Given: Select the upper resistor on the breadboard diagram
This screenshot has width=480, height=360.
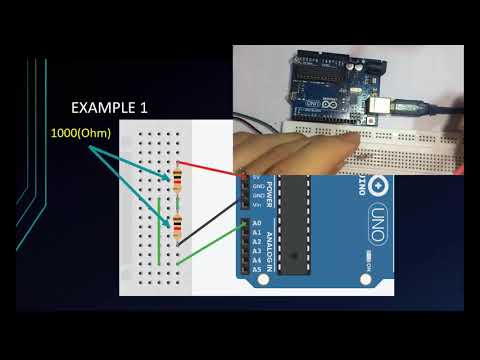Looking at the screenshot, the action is [x=178, y=181].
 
